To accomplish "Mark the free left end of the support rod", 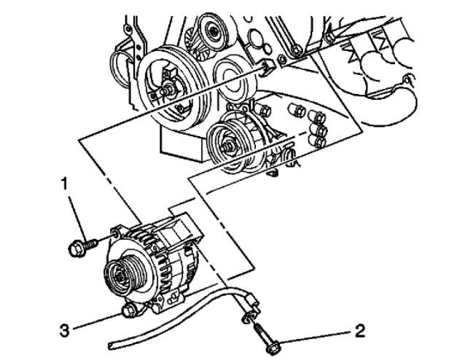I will (x=110, y=343).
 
